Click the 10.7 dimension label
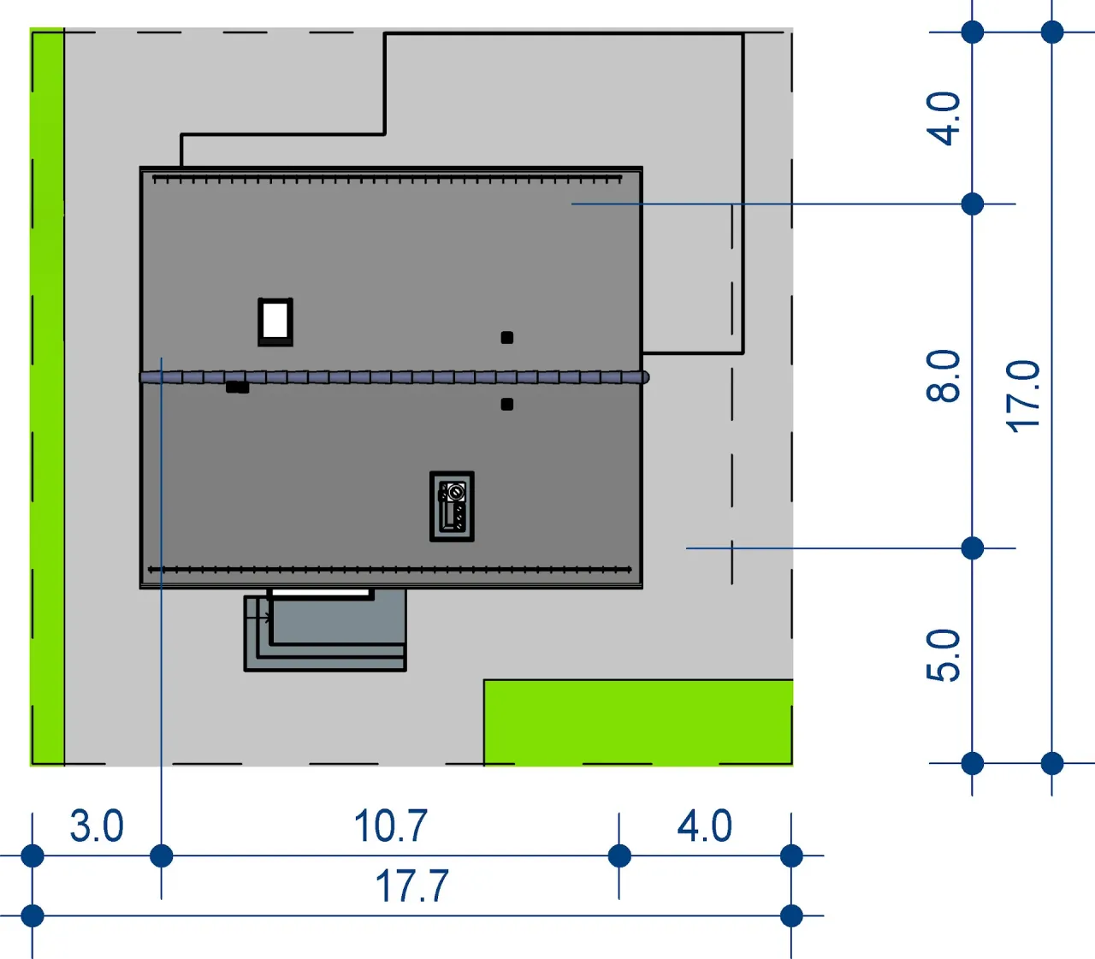pyautogui.click(x=391, y=826)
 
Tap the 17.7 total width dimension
pyautogui.click(x=411, y=886)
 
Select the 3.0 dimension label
pyautogui.click(x=97, y=826)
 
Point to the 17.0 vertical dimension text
pyautogui.click(x=1023, y=397)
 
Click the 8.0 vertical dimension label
pyautogui.click(x=943, y=376)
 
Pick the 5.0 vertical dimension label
pyautogui.click(x=943, y=655)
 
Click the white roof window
pyautogui.click(x=275, y=322)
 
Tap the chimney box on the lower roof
pyautogui.click(x=452, y=506)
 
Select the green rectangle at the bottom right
pyautogui.click(x=638, y=723)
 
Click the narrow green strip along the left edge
pyautogui.click(x=47, y=397)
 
